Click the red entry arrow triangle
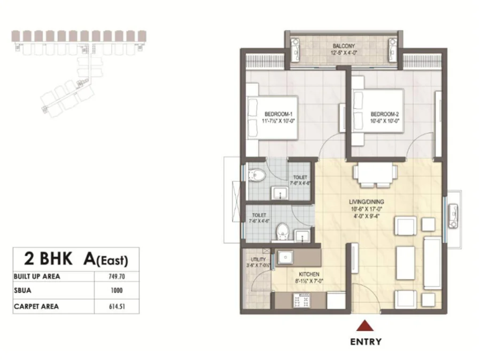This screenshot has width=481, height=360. pyautogui.click(x=364, y=326)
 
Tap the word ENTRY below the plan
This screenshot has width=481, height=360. pyautogui.click(x=366, y=342)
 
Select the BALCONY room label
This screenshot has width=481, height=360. pyautogui.click(x=344, y=46)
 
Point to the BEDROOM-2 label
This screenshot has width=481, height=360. pyautogui.click(x=385, y=114)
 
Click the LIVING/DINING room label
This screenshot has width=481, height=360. pyautogui.click(x=367, y=202)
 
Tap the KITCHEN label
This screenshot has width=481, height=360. pyautogui.click(x=309, y=274)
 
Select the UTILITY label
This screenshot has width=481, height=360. pyautogui.click(x=258, y=259)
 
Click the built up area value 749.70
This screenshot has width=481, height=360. pyautogui.click(x=117, y=277)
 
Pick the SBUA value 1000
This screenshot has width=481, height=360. pyautogui.click(x=117, y=290)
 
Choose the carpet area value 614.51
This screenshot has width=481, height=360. pyautogui.click(x=117, y=307)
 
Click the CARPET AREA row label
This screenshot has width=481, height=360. pyautogui.click(x=36, y=307)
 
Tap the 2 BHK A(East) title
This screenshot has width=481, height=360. pyautogui.click(x=76, y=259)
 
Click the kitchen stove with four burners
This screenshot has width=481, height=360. pyautogui.click(x=302, y=301)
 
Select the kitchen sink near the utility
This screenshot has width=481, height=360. pyautogui.click(x=285, y=257)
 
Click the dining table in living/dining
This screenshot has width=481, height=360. pyautogui.click(x=375, y=174)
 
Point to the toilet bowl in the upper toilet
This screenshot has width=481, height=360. pyautogui.click(x=257, y=175)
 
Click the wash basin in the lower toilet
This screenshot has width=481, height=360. pyautogui.click(x=302, y=236)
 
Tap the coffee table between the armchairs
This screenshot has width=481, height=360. pyautogui.click(x=405, y=263)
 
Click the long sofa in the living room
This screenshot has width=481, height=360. pyautogui.click(x=433, y=263)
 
